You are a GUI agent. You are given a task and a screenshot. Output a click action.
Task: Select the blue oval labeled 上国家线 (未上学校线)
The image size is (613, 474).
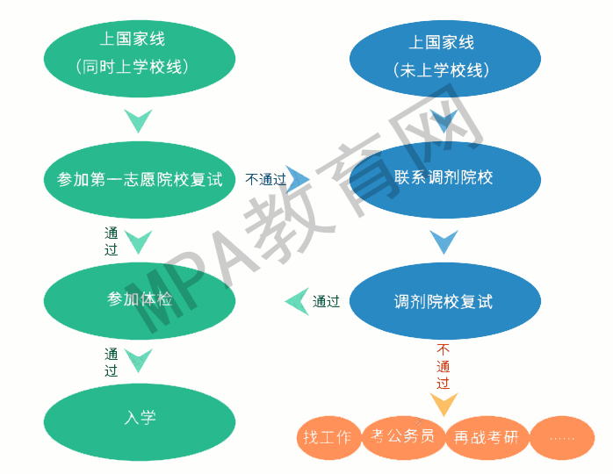pos(441,55)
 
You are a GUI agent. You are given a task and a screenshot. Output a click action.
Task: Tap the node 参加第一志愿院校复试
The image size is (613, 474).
pos(140,180)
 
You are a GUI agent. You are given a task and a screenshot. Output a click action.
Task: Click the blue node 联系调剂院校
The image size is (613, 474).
pos(444,178)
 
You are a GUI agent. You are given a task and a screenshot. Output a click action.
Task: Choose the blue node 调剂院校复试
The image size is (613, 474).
pos(444,301)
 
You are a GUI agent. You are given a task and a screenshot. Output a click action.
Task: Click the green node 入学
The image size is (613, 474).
pos(140,418)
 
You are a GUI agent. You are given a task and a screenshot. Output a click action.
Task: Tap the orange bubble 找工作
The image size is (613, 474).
pos(328,437)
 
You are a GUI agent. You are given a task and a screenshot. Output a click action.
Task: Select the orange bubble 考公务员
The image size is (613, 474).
pos(403,437)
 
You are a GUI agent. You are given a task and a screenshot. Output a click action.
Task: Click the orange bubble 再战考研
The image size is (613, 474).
pos(485,437)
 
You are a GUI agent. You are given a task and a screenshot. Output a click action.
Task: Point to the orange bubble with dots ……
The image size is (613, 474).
pos(562,437)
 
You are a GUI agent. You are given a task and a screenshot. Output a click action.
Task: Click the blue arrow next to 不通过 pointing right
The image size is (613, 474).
pos(299,179)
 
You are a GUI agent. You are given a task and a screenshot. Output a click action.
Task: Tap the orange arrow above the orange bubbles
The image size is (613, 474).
pos(444,404)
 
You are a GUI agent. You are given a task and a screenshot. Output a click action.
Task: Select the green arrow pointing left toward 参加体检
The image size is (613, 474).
pos(297,301)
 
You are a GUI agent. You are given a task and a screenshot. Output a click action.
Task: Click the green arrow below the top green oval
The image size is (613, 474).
pos(139,119)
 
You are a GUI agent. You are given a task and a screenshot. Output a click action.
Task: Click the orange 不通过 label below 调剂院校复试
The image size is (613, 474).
pos(443,366)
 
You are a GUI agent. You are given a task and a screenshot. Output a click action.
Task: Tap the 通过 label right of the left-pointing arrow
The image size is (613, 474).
pos(326,301)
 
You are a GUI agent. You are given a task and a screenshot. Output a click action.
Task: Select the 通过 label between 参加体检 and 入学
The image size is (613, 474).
pos(112,362)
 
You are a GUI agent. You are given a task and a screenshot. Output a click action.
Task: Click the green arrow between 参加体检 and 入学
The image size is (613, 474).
pos(139,359)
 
